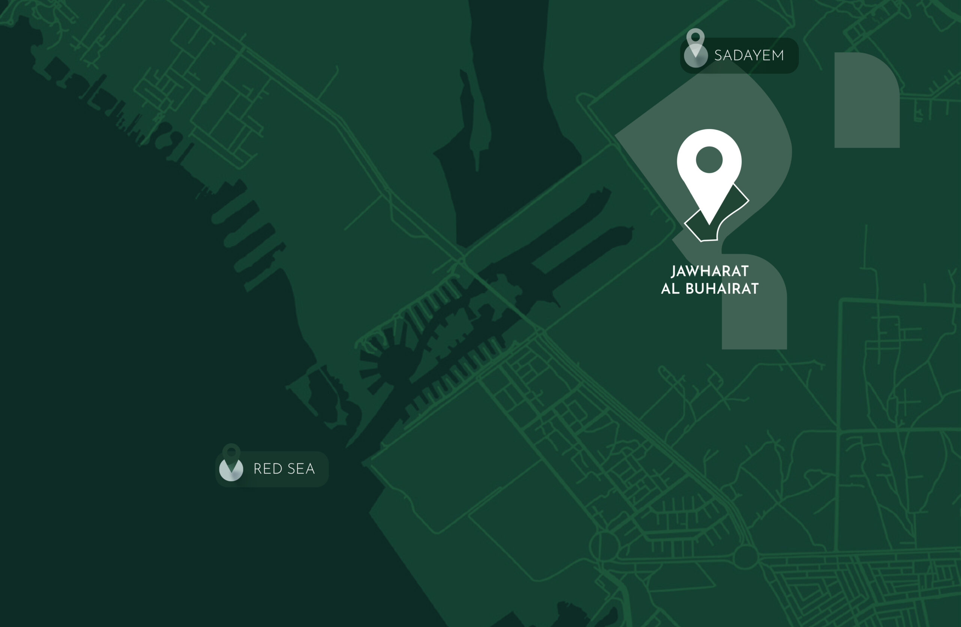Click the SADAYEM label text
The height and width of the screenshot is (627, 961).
point(749,55)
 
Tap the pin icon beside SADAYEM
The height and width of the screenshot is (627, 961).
point(695,48)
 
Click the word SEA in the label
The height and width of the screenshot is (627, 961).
point(301,468)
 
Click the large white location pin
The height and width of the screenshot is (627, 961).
point(709,170)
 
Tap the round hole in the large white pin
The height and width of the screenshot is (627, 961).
point(709,160)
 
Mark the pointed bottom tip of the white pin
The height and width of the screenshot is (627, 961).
point(709,224)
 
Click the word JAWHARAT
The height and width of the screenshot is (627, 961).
point(710,271)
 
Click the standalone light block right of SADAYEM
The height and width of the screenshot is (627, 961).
point(866,101)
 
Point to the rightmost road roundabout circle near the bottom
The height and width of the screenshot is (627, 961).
point(745,557)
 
